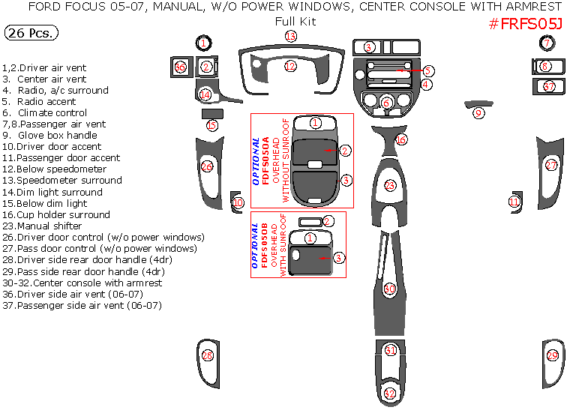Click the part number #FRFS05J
[525, 23]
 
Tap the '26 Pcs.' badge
[31, 34]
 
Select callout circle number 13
[290, 36]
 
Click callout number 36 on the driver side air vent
[180, 67]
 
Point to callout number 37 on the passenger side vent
[550, 87]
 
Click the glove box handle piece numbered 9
[478, 112]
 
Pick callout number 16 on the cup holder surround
[401, 139]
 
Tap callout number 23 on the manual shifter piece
[389, 184]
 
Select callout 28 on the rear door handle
[208, 355]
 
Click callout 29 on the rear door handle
[553, 355]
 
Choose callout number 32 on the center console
[390, 393]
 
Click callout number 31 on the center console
[390, 350]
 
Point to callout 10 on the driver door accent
[238, 202]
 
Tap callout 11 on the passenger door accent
[514, 201]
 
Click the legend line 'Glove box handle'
[50, 136]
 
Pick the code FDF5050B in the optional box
[265, 244]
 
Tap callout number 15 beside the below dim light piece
[211, 125]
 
